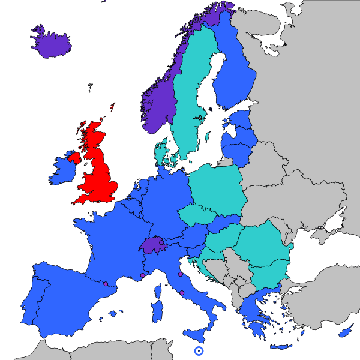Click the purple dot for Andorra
click(x=106, y=283)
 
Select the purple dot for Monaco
click(x=142, y=276)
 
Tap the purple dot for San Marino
click(x=181, y=274)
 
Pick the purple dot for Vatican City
click(x=182, y=293)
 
